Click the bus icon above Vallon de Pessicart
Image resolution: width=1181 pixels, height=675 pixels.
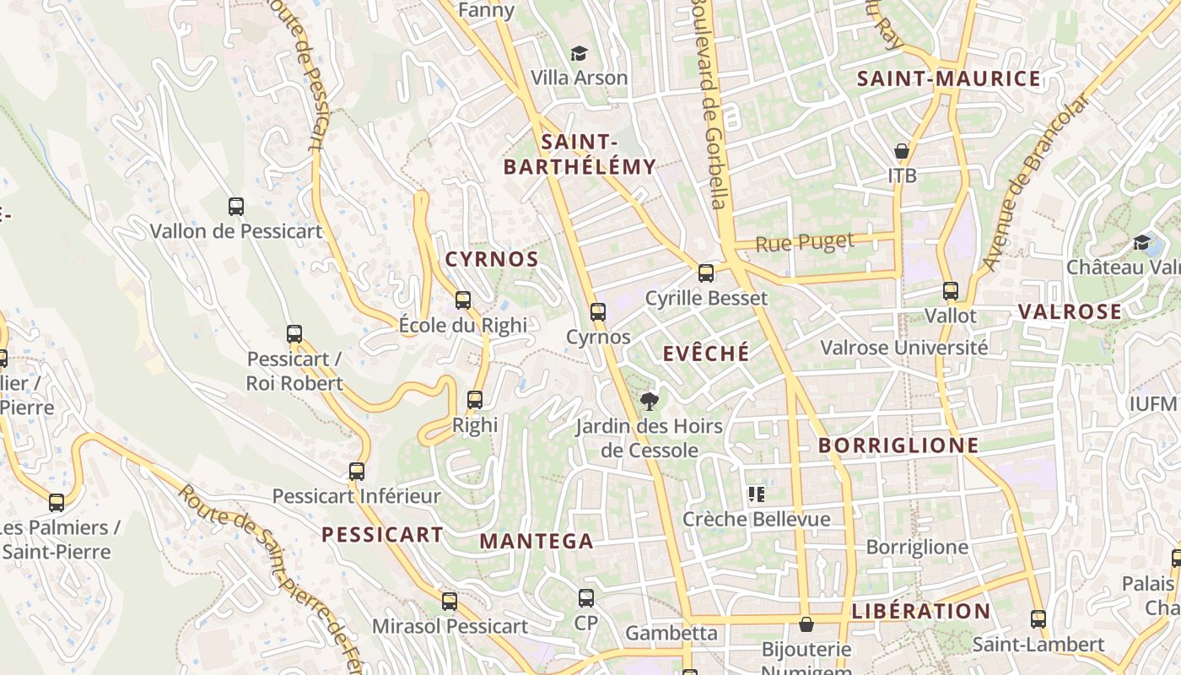pos(236,206)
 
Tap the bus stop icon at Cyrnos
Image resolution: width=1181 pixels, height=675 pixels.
pos(598,312)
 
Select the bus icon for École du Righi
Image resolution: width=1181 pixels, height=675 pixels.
pos(462,300)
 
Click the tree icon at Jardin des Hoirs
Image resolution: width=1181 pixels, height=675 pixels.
pos(649,402)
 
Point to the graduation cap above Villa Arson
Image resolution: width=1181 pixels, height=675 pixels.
pos(579,54)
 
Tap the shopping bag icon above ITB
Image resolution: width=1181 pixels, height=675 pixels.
pos(902,152)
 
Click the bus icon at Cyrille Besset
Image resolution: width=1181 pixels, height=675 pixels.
pos(706,273)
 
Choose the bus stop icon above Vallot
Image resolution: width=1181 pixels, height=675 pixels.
pos(951,291)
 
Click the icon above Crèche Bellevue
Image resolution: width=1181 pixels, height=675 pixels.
pos(756,494)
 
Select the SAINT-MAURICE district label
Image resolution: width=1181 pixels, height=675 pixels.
pos(949,79)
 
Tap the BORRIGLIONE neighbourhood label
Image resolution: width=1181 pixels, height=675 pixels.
pos(898,445)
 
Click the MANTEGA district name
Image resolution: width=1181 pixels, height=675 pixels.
pos(537,542)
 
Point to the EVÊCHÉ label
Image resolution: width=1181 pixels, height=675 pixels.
pos(706,354)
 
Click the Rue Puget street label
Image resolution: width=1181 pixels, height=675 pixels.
pos(805,243)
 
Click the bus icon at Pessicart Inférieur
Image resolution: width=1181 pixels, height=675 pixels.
pos(357,472)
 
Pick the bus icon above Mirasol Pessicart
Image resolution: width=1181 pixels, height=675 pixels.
pos(450,602)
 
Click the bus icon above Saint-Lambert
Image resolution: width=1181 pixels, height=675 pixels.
pos(1038,619)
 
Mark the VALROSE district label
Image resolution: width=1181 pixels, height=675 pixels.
pos(1070,312)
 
